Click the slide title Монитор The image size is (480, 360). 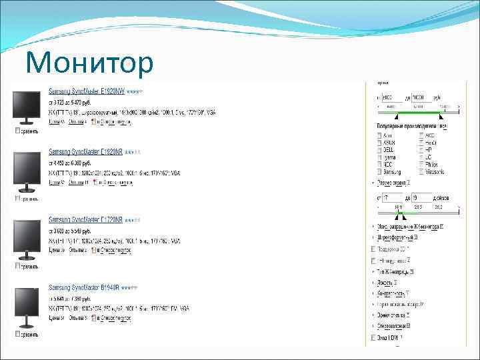89,63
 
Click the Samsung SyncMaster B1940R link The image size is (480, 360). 83,288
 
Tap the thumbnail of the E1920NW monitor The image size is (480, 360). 27,107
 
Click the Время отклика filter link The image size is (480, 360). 391,315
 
